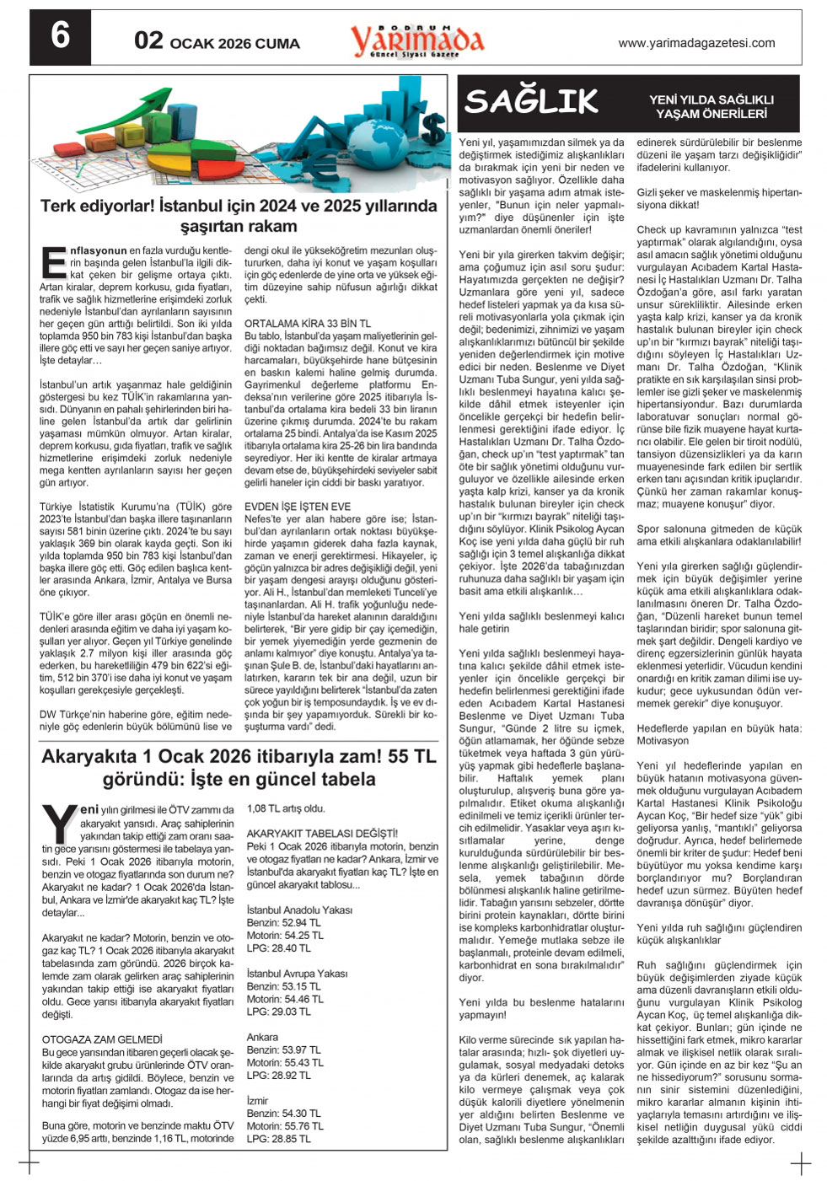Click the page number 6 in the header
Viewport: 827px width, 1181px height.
60,36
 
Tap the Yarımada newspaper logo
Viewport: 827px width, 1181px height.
417,39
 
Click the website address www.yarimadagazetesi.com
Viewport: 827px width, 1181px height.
696,43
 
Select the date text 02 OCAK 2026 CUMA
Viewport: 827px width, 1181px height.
217,41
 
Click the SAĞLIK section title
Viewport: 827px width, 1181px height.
531,101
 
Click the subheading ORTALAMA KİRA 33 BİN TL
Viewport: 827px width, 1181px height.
307,324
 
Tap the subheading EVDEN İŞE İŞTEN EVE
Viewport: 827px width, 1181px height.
298,507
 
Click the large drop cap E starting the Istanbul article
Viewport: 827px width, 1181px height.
53,262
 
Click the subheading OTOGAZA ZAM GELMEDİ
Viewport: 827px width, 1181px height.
102,1039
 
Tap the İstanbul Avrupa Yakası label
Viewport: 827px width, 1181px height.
297,974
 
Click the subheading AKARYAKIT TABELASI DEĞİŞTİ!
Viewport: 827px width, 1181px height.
322,834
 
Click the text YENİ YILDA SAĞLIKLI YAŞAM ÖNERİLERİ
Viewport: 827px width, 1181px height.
712,106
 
